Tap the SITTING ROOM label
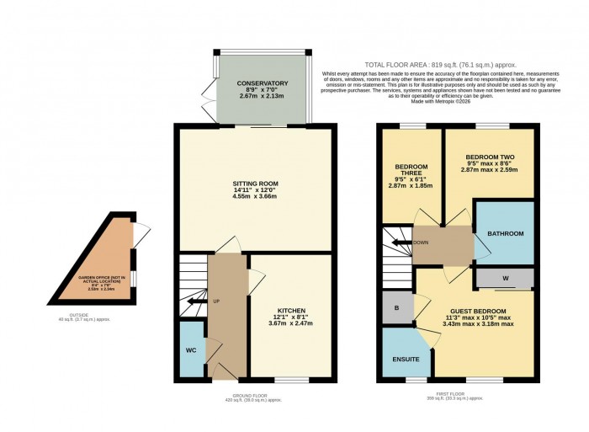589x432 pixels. [256, 184]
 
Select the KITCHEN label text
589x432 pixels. [291, 310]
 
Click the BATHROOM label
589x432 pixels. [506, 233]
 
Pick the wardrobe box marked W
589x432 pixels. [506, 278]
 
